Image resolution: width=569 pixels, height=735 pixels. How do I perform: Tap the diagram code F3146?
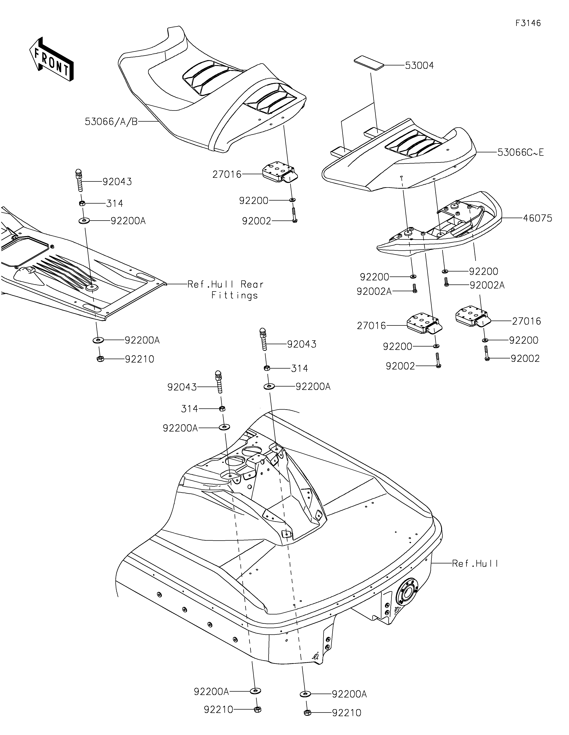click(528, 23)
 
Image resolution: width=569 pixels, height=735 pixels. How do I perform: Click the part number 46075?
click(537, 218)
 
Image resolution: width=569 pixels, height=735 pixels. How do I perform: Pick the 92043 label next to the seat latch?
click(117, 182)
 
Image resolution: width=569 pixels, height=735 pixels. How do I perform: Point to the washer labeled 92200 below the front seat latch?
click(292, 200)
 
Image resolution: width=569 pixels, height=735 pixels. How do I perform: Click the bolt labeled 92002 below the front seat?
click(294, 215)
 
